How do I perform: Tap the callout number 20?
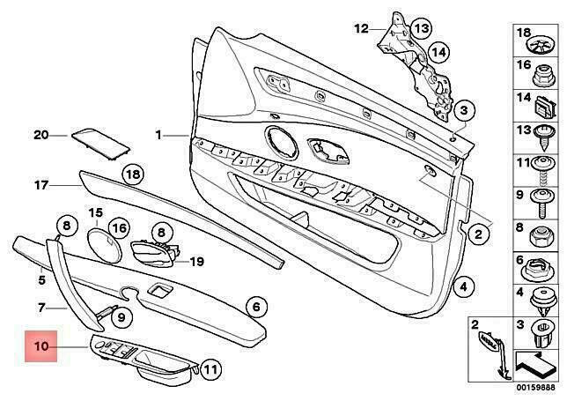click(x=40, y=135)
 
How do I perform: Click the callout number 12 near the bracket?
click(x=362, y=29)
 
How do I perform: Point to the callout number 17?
click(x=40, y=186)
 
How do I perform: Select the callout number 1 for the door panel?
click(x=159, y=136)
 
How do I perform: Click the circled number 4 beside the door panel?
click(x=465, y=286)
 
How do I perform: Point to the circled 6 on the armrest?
click(x=254, y=307)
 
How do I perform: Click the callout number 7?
click(x=40, y=308)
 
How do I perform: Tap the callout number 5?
click(x=40, y=280)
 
